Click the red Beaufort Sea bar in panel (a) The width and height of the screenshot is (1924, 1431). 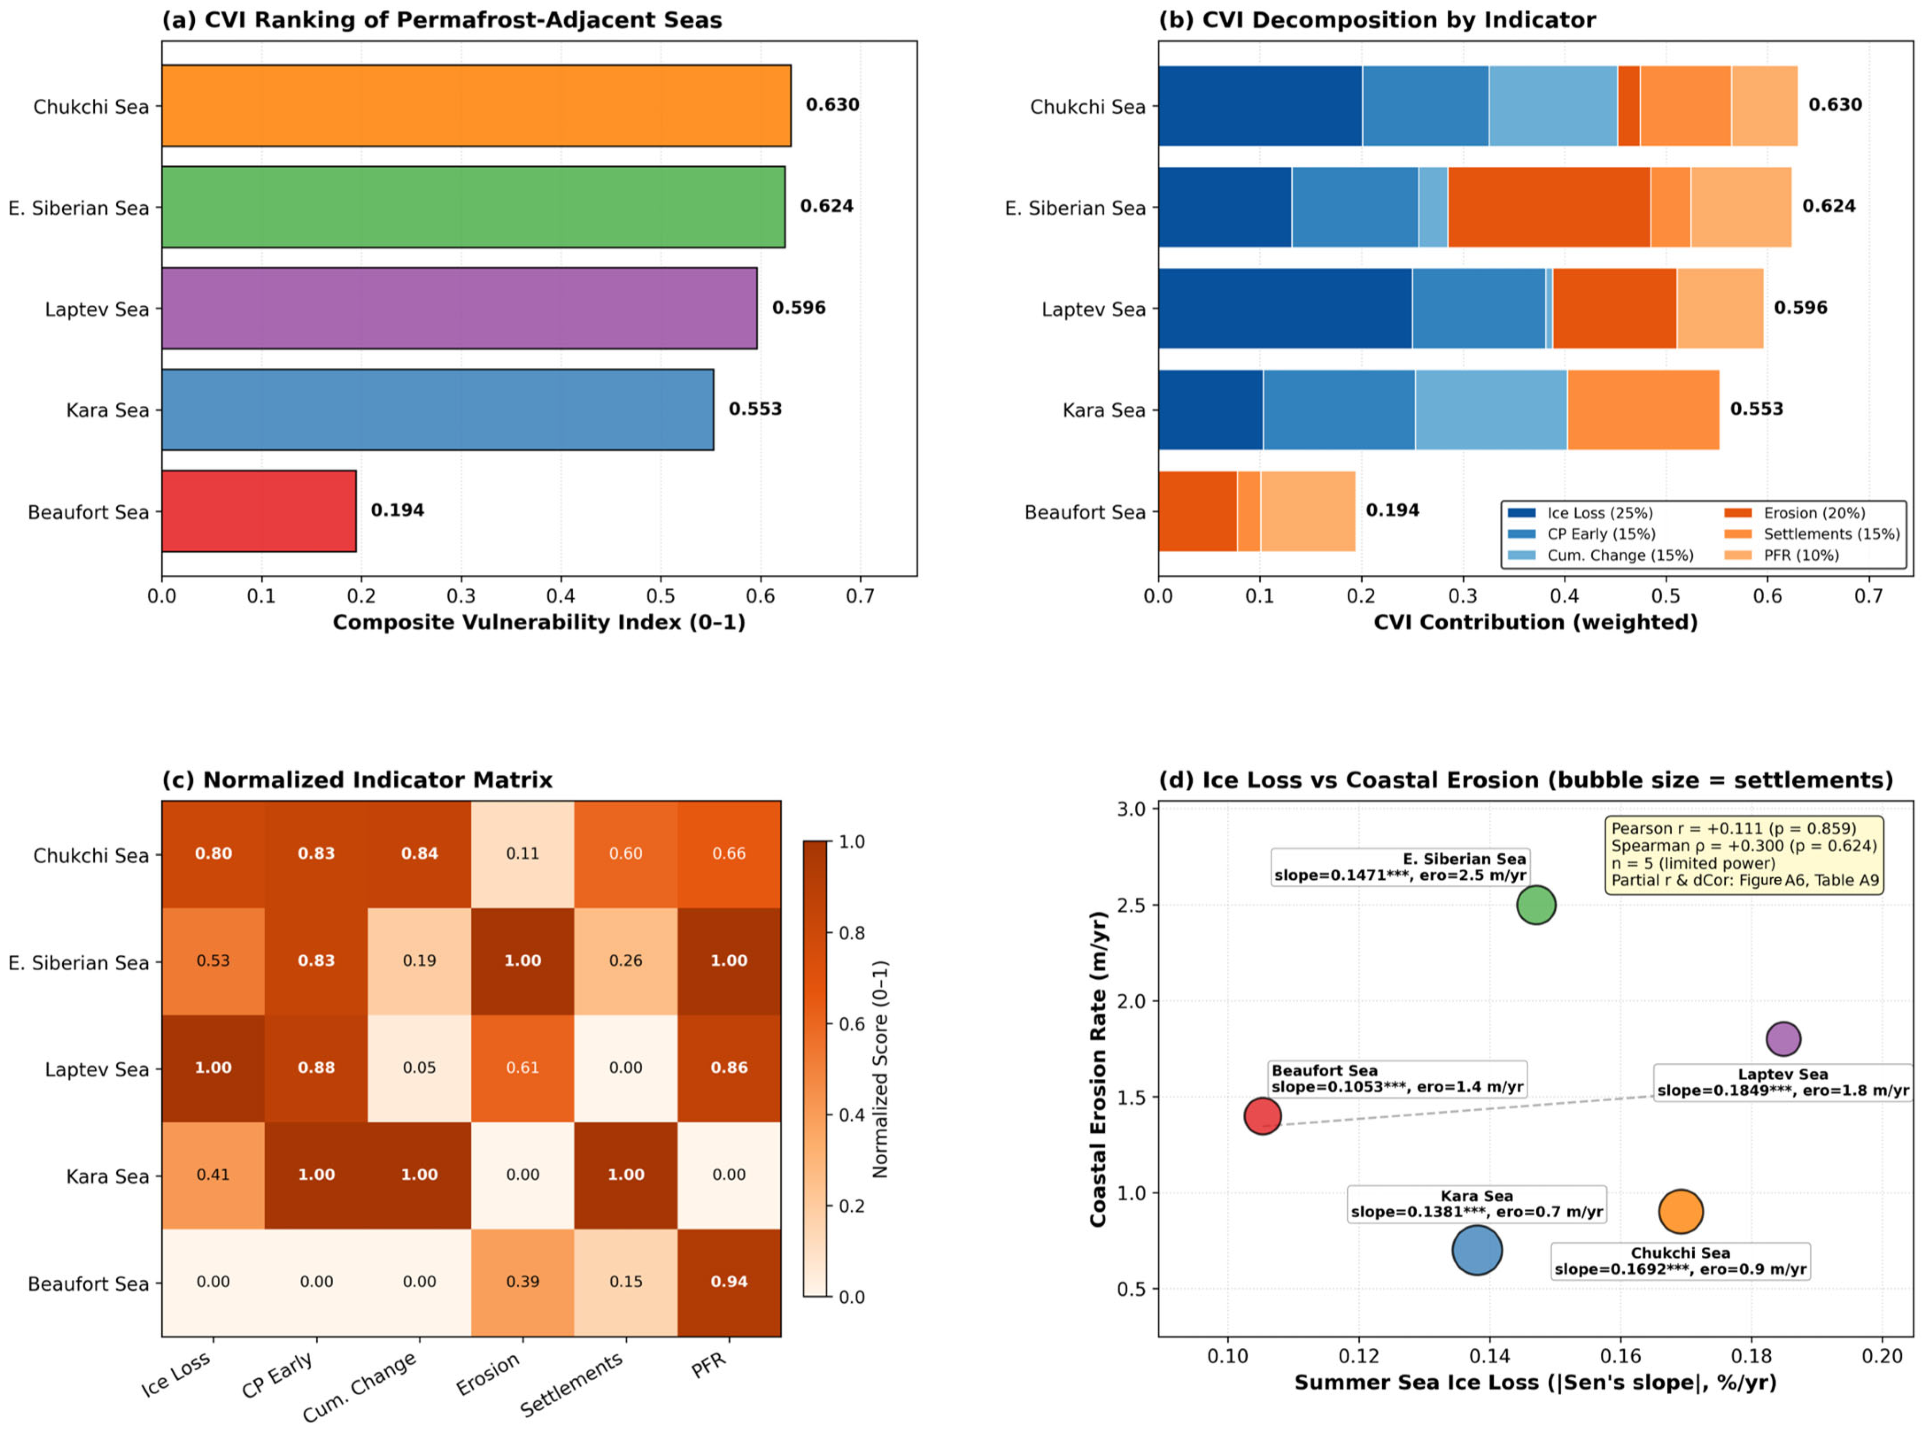coord(259,511)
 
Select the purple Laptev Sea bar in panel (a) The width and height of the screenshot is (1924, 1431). coord(459,308)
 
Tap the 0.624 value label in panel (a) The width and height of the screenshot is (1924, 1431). coord(826,206)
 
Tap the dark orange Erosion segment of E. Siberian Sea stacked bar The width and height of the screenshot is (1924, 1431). coord(1549,207)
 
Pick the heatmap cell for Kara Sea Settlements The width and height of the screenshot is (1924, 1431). coord(625,1175)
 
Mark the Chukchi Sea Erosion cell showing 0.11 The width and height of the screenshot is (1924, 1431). coord(522,854)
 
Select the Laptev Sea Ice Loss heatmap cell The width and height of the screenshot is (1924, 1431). coord(213,1068)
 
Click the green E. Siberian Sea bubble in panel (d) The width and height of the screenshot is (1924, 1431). coord(1536,905)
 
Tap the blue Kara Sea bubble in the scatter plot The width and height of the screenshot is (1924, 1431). coord(1477,1250)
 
